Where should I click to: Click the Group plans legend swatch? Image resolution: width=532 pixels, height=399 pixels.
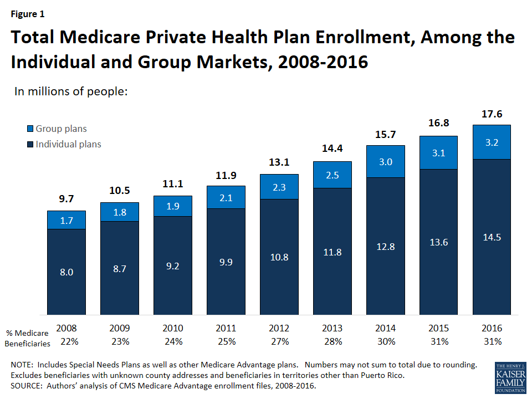tap(30, 129)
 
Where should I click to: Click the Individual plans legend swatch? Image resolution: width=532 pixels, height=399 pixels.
tap(30, 144)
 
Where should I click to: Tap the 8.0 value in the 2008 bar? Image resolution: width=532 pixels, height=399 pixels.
tap(66, 272)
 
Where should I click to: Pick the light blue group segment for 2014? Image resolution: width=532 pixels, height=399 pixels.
tap(386, 161)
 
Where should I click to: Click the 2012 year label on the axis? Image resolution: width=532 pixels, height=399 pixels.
tap(279, 328)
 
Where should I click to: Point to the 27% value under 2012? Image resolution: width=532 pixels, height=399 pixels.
tap(279, 341)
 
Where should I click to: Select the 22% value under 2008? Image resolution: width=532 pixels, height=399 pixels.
tap(66, 341)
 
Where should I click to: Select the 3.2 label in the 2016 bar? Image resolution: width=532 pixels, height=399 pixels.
tap(492, 142)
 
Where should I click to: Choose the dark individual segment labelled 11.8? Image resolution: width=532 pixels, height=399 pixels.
tap(332, 252)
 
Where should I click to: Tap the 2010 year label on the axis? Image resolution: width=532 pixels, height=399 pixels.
tap(173, 328)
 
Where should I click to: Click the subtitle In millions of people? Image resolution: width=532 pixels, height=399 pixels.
tap(71, 91)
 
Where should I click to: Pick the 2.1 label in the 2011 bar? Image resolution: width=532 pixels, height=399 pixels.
tap(226, 197)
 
